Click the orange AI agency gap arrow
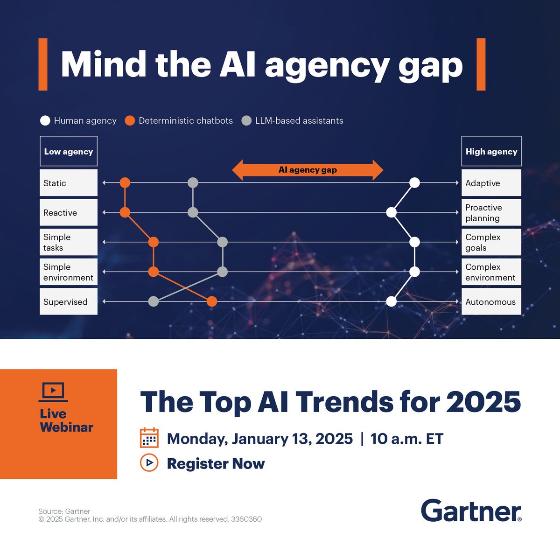click(x=308, y=170)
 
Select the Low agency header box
click(x=69, y=151)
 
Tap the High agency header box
click(x=491, y=151)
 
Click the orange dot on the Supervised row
click(x=212, y=301)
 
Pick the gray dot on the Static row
click(x=193, y=183)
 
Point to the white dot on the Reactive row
click(x=392, y=213)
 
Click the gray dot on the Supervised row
click(x=154, y=301)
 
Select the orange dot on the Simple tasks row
click(x=154, y=242)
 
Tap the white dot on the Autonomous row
click(x=392, y=301)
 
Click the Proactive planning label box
click(x=491, y=213)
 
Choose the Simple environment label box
click(x=69, y=272)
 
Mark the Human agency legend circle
click(x=45, y=121)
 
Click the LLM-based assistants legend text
click(x=299, y=121)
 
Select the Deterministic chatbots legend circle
click(x=130, y=121)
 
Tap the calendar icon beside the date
click(x=149, y=438)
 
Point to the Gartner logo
click(x=471, y=511)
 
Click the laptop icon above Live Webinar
click(x=53, y=392)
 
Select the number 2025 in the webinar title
click(x=483, y=402)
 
